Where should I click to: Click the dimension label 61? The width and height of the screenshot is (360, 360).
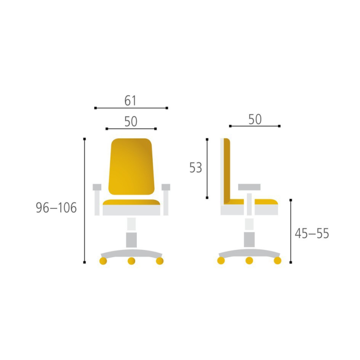[x=131, y=101]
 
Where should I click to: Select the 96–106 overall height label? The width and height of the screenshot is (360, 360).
[x=56, y=208]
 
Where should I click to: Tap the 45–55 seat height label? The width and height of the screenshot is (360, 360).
[x=312, y=233]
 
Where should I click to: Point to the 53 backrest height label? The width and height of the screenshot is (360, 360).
[x=195, y=168]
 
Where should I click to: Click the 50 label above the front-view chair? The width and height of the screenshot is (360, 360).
[x=131, y=122]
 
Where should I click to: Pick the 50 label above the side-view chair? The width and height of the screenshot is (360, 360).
[x=255, y=120]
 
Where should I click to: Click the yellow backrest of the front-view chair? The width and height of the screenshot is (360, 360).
[x=131, y=167]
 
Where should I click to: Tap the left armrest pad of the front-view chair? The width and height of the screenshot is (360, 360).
[x=97, y=187]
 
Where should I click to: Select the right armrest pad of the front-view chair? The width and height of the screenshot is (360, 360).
[x=166, y=187]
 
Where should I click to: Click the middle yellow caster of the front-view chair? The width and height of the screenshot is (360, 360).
[x=131, y=261]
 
